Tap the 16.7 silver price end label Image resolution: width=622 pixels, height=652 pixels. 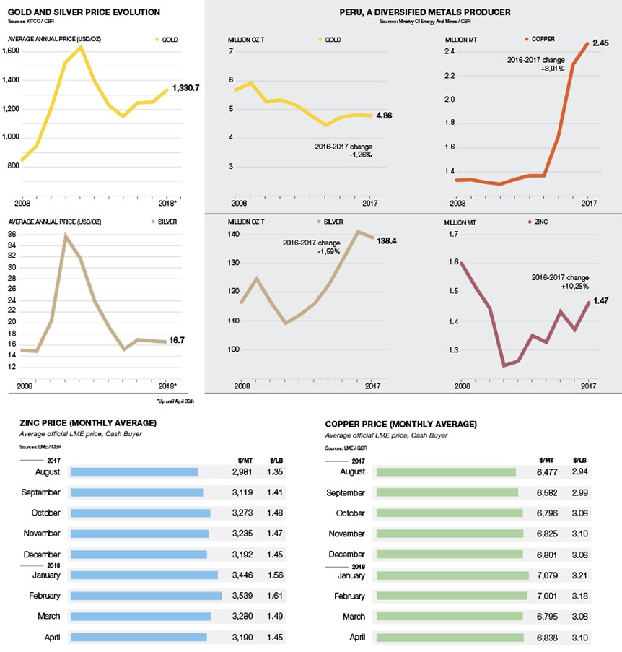coord(178,340)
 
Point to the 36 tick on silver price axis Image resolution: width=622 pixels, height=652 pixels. coord(12,235)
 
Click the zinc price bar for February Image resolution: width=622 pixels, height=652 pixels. coord(145,596)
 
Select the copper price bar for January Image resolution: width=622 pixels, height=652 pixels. coord(453,576)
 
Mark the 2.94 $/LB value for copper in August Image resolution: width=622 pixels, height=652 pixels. coord(580,471)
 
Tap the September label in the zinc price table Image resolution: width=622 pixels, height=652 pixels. coord(41,492)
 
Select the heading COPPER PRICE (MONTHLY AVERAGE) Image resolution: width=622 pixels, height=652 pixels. coord(400,424)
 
